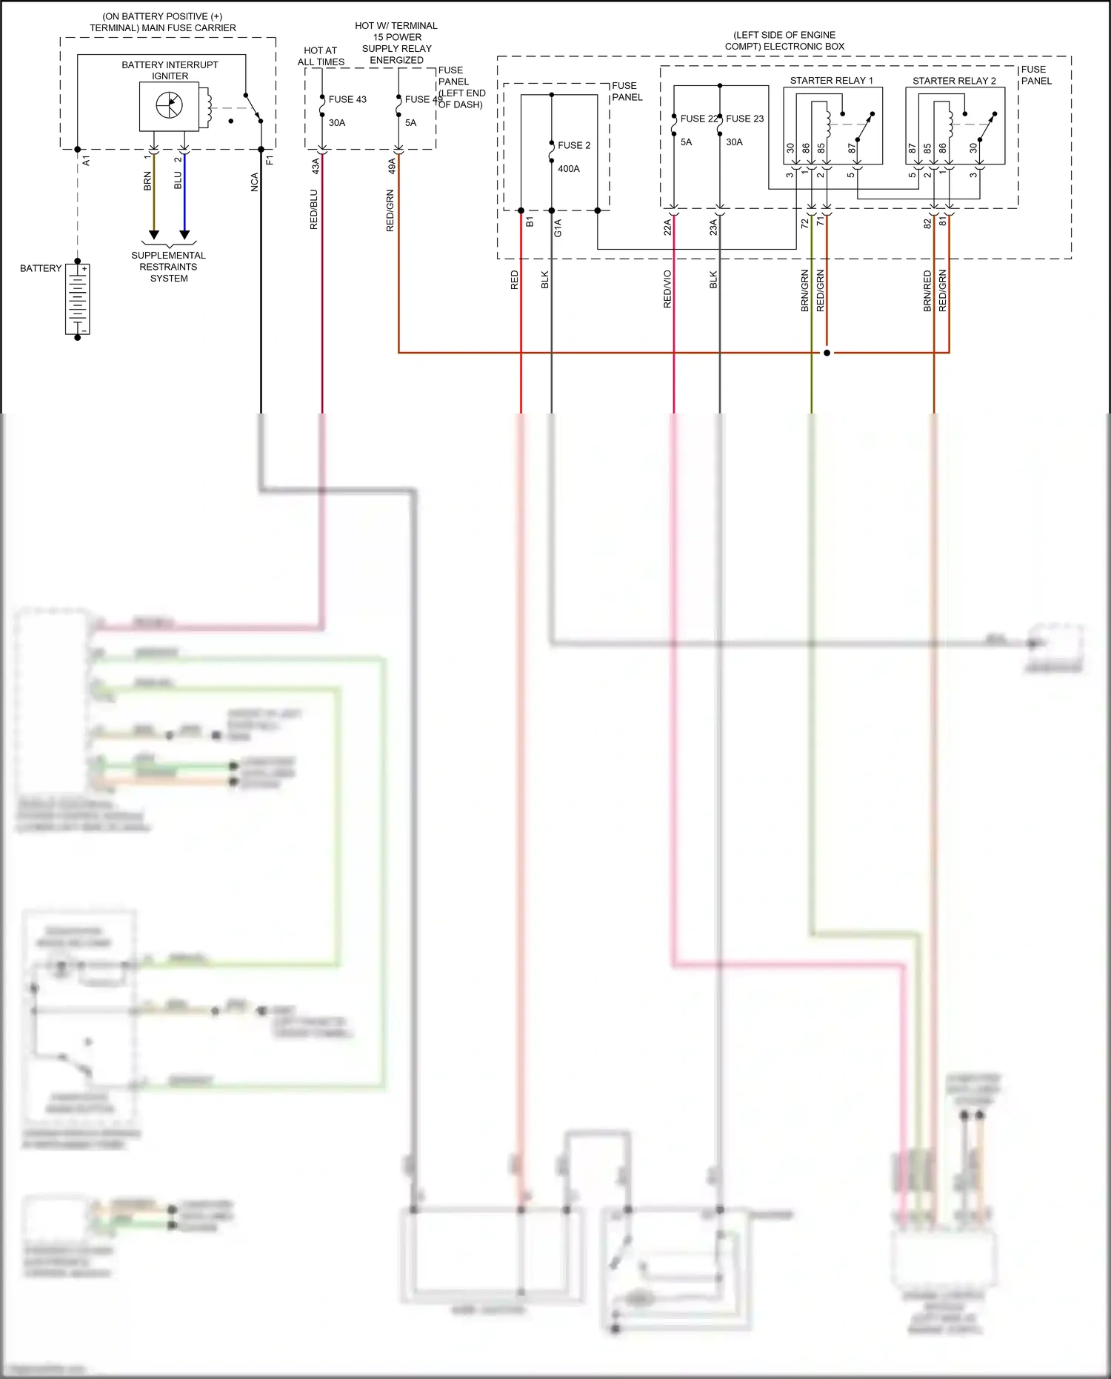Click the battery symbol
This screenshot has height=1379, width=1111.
pos(78,299)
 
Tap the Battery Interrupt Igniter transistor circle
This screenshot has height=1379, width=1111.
pos(169,106)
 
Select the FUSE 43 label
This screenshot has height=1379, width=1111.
pos(347,99)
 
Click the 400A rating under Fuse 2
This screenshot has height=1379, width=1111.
pos(569,169)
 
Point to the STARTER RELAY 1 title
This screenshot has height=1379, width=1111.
pos(831,81)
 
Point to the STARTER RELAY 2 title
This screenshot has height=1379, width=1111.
pos(954,81)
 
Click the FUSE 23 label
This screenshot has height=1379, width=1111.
pos(744,119)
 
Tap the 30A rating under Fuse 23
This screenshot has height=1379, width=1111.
pos(734,142)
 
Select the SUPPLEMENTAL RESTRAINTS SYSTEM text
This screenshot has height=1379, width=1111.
pos(169,267)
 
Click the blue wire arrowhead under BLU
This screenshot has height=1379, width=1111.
pos(184,235)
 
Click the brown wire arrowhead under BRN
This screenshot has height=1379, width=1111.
pos(154,235)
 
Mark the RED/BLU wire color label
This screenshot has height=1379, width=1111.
pos(314,210)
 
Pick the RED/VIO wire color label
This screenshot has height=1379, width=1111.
pos(667,289)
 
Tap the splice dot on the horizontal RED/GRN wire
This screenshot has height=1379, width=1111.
pos(827,353)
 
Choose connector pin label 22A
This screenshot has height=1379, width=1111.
pos(667,227)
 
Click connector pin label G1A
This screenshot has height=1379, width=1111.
pos(558,227)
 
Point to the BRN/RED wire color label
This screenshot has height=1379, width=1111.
pos(927,290)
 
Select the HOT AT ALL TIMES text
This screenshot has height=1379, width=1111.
pos(321,56)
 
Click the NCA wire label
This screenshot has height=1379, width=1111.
pos(254,182)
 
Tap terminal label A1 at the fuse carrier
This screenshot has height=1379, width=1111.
pos(87,160)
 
